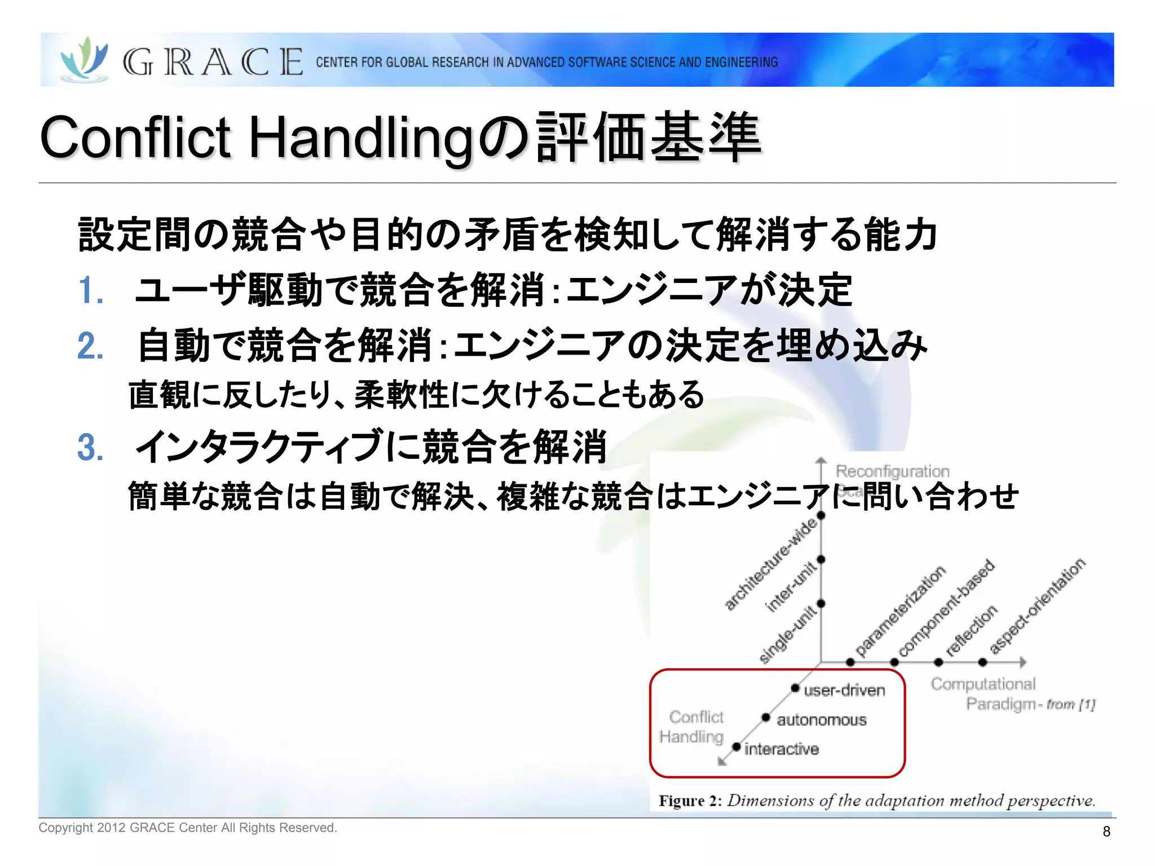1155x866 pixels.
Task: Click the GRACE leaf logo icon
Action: [x=85, y=59]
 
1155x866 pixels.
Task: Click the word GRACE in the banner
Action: [x=213, y=62]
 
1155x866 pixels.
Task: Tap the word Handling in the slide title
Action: [x=361, y=138]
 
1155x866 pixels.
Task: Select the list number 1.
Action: [x=90, y=291]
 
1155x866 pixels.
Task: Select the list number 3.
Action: [x=90, y=448]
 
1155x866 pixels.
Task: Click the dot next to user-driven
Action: [x=795, y=688]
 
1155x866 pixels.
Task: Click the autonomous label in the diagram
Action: [x=821, y=720]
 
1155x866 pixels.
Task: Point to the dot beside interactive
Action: [x=736, y=747]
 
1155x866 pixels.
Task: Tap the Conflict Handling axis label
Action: [x=693, y=727]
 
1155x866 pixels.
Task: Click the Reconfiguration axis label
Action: [x=892, y=471]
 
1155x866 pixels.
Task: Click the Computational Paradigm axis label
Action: [x=993, y=693]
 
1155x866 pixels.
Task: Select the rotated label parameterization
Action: [x=900, y=612]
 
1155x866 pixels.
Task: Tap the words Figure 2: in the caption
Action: [x=690, y=801]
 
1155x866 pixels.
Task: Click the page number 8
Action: [x=1106, y=832]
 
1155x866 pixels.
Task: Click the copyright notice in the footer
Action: [x=187, y=828]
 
